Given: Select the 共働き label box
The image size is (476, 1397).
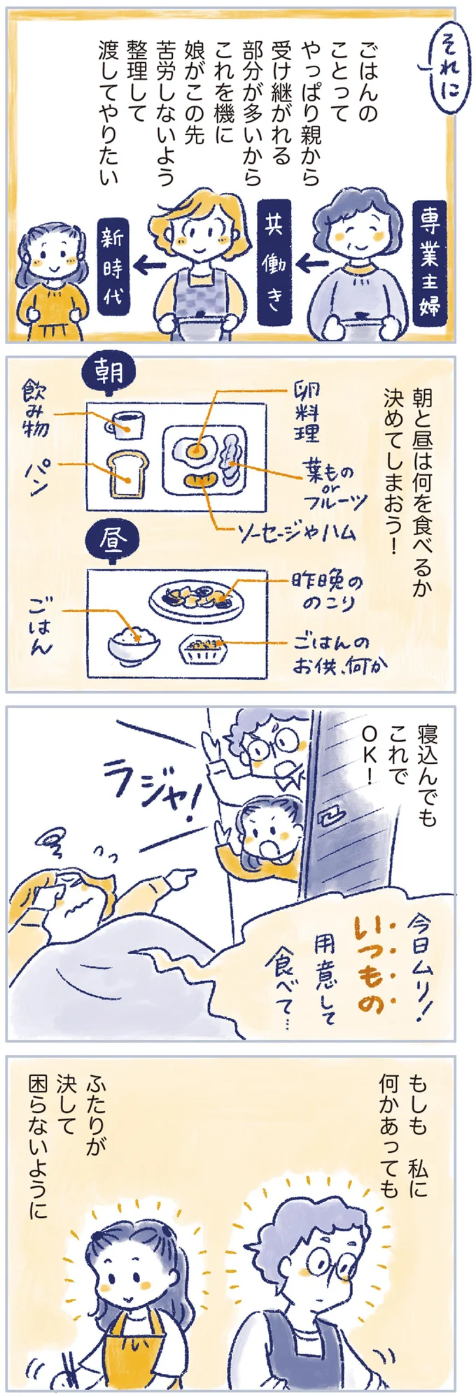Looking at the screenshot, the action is (x=274, y=264).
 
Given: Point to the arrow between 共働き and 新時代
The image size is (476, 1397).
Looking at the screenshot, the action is (x=149, y=265).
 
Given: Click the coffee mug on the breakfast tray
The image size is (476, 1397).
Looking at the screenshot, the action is (x=125, y=424).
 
